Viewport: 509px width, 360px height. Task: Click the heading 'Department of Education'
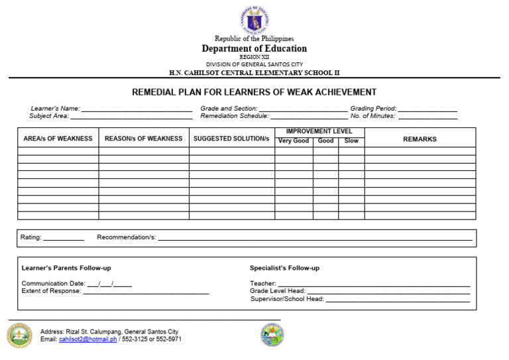pos(254,48)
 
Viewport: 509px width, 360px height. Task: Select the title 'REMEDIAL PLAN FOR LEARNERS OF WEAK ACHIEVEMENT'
pos(254,92)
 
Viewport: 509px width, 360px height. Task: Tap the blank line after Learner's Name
pos(137,109)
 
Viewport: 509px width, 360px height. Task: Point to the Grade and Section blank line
pos(303,109)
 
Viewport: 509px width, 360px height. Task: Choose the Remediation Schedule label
pos(235,116)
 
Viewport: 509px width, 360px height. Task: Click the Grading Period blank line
pos(427,109)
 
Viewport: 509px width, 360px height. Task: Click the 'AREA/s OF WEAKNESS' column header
pos(58,139)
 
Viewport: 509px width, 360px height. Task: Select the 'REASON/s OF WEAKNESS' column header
pos(143,139)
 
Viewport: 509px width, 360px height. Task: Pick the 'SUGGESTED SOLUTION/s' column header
pos(231,139)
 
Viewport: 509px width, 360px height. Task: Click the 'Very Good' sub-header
pos(293,141)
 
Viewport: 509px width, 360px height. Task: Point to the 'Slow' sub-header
pos(351,141)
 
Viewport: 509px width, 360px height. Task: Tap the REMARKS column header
pos(420,139)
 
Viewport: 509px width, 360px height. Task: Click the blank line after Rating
pos(64,238)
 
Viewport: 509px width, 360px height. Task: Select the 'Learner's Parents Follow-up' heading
pos(66,268)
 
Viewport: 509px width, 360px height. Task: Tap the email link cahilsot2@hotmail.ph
pos(87,339)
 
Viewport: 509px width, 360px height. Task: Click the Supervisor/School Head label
pos(287,299)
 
